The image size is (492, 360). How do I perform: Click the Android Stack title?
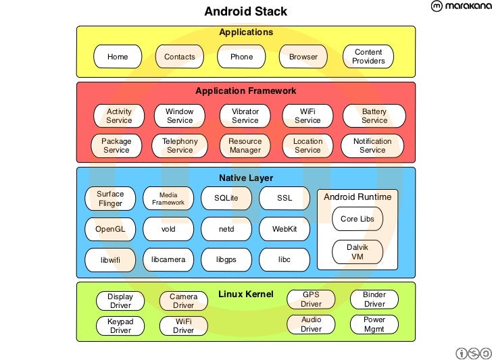(x=245, y=11)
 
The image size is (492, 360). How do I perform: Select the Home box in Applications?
(x=118, y=57)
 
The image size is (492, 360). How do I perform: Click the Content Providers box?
(x=368, y=57)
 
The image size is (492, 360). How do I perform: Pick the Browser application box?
(x=303, y=57)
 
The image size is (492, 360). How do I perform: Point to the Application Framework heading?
(x=245, y=91)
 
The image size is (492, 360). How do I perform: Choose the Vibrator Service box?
(x=245, y=116)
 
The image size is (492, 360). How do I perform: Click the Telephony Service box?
(x=180, y=146)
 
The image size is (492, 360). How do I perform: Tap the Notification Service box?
(x=372, y=146)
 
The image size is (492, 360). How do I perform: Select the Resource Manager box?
(x=245, y=146)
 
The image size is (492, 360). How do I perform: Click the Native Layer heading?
(x=245, y=178)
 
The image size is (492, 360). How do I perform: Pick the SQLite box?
(x=226, y=199)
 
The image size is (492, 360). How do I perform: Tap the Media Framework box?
(x=168, y=199)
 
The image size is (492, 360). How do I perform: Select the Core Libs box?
(x=358, y=219)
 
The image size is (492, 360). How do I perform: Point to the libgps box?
(x=226, y=259)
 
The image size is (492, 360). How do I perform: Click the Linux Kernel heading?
(x=245, y=294)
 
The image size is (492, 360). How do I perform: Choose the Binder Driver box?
(x=374, y=300)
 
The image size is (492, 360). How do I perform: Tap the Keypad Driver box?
(x=120, y=326)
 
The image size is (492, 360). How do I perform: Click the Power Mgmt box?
(x=374, y=325)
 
